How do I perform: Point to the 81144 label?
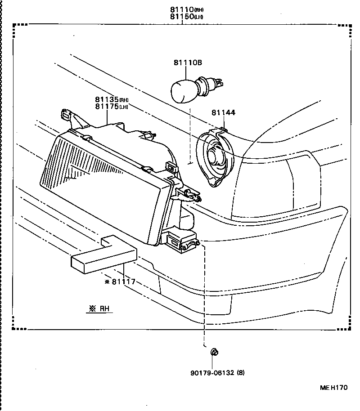point(223,113)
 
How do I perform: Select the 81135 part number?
point(106,99)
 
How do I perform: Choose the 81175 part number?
point(106,107)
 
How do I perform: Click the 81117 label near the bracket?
point(123,282)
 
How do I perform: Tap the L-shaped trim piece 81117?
point(103,256)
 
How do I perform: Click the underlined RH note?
point(100,308)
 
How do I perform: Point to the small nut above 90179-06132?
point(214,351)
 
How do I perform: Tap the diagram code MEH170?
point(333,388)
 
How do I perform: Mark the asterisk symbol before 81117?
point(107,282)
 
